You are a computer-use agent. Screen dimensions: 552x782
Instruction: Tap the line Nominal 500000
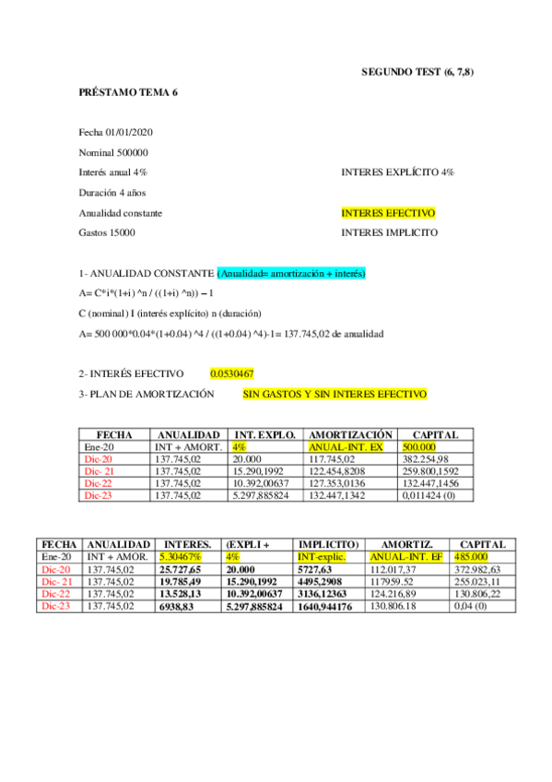(114, 152)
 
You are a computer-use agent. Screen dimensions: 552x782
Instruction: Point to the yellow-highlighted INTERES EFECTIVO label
(388, 213)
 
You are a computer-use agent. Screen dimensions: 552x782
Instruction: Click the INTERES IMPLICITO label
(389, 232)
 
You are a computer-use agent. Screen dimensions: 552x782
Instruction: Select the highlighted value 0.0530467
(231, 373)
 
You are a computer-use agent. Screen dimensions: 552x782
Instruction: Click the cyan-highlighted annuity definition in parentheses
(292, 274)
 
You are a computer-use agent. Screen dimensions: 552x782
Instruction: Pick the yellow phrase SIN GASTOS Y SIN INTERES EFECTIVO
(335, 394)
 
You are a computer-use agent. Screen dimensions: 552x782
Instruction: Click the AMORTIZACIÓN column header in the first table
(350, 434)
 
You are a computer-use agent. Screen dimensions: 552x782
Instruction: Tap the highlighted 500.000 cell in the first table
(422, 446)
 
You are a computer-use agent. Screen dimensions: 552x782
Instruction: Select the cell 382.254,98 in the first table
(426, 458)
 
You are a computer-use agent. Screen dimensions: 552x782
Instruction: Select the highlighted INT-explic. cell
(321, 557)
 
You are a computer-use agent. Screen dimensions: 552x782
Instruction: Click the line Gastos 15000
(107, 232)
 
